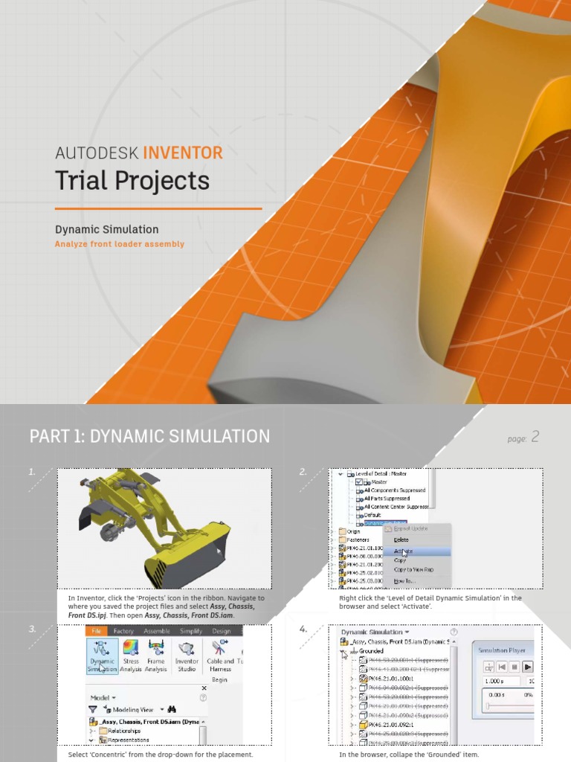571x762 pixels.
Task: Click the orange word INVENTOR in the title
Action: click(182, 153)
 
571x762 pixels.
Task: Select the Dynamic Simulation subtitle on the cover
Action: click(106, 229)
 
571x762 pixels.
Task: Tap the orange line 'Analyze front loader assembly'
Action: click(119, 244)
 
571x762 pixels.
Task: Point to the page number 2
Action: click(535, 437)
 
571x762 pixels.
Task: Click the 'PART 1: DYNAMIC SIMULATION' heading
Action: click(149, 436)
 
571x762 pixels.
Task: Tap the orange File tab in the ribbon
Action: click(97, 631)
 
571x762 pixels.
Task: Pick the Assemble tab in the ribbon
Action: click(156, 631)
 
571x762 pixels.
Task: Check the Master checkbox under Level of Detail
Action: click(360, 482)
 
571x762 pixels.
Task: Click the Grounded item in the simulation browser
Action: click(371, 650)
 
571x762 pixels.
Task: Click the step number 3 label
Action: click(32, 629)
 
